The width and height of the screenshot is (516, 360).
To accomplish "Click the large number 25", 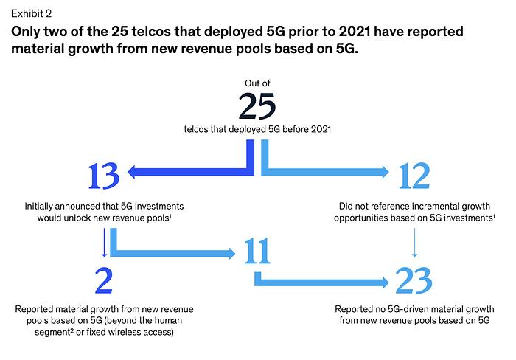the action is coord(257,106).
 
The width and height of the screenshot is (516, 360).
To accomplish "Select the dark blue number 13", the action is coord(104,176).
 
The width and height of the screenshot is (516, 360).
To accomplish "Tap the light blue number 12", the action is coord(414,176).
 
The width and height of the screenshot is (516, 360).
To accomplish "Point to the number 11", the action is coord(257,252).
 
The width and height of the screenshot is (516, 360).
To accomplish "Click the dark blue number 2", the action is coord(104,280).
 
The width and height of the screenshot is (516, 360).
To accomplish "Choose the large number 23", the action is coord(414,280).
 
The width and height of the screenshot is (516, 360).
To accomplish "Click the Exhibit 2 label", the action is coord(31,13).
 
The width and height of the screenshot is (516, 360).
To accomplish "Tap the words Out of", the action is coord(257,83).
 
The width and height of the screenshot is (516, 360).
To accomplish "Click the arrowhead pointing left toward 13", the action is coord(132,172).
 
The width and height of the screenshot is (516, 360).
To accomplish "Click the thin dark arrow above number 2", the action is coord(105,243).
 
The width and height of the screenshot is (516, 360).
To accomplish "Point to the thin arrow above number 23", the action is coord(414,243).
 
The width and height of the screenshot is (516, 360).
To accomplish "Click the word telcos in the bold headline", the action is coord(150,32).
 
